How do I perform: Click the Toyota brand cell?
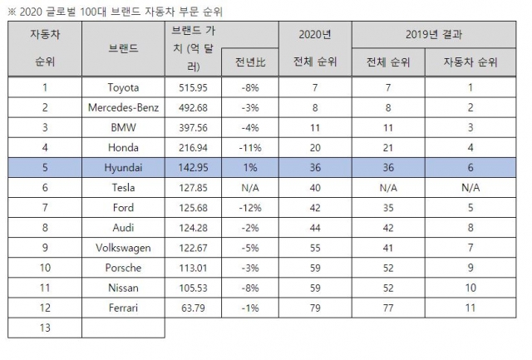click(x=123, y=87)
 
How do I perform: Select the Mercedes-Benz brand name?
click(x=123, y=107)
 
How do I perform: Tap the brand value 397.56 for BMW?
click(x=193, y=127)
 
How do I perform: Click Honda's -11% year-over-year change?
click(x=250, y=148)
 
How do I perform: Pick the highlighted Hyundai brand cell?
click(x=123, y=168)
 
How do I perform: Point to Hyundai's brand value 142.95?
click(x=193, y=168)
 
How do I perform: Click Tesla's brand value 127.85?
click(x=193, y=188)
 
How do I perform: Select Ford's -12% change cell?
click(x=250, y=208)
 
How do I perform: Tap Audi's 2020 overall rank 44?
click(x=315, y=228)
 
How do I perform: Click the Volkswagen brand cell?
click(x=123, y=248)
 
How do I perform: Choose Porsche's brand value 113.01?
click(x=193, y=268)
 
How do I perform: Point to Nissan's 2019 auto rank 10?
click(x=470, y=288)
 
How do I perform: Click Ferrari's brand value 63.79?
click(x=193, y=308)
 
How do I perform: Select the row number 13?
click(x=45, y=328)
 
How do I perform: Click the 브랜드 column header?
click(x=123, y=48)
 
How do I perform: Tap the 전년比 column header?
click(x=250, y=62)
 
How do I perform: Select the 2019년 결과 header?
click(x=434, y=34)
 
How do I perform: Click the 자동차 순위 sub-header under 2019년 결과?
click(x=470, y=62)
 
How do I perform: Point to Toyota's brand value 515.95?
click(x=193, y=87)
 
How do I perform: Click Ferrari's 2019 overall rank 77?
click(x=388, y=308)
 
